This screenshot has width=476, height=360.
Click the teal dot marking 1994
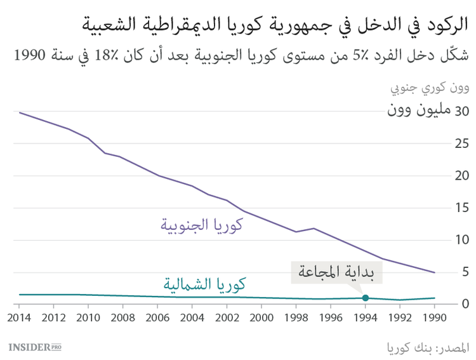point(365,298)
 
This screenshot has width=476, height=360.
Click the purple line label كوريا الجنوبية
point(202,225)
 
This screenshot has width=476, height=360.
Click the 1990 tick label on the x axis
point(434,317)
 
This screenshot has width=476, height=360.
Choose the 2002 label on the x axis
point(227,317)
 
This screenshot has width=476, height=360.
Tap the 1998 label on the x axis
point(296,317)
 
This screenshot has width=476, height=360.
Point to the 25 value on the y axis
point(461,143)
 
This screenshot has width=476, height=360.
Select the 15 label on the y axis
point(461,208)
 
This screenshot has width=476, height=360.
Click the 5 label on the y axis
point(465,272)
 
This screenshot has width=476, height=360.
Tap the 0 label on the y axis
point(465,304)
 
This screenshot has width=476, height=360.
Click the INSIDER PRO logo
point(35,347)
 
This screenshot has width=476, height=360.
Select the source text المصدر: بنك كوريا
point(429,347)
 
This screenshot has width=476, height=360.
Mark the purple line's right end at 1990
point(434,272)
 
